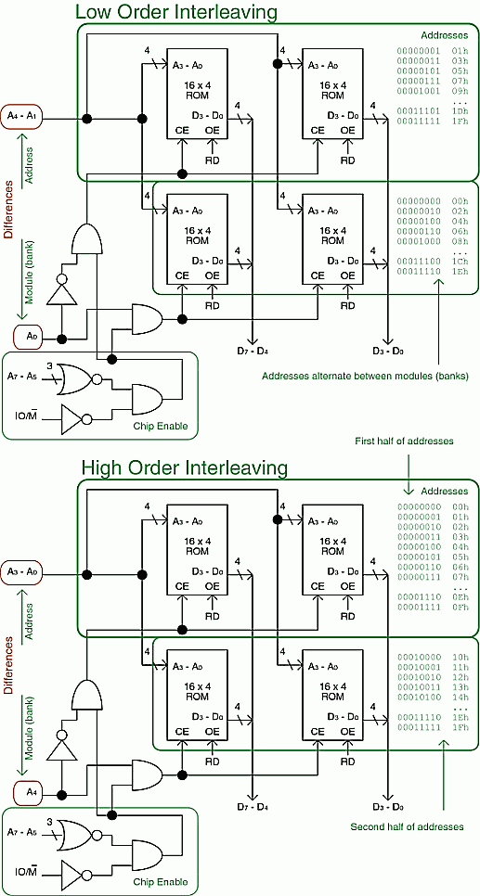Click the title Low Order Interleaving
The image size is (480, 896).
(x=176, y=11)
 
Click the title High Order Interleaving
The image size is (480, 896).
(x=184, y=468)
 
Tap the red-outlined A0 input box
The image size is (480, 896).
(x=31, y=337)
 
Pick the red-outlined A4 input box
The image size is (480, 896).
(x=31, y=792)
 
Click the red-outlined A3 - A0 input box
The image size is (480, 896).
(x=22, y=570)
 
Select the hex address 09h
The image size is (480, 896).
(x=460, y=91)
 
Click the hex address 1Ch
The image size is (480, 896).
(x=460, y=261)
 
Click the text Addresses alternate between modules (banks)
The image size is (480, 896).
(x=365, y=376)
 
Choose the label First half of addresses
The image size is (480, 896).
(x=405, y=441)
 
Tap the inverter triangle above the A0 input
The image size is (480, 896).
(x=60, y=289)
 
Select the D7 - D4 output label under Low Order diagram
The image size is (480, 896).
(x=253, y=351)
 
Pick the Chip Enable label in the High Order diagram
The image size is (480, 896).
(x=161, y=881)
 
